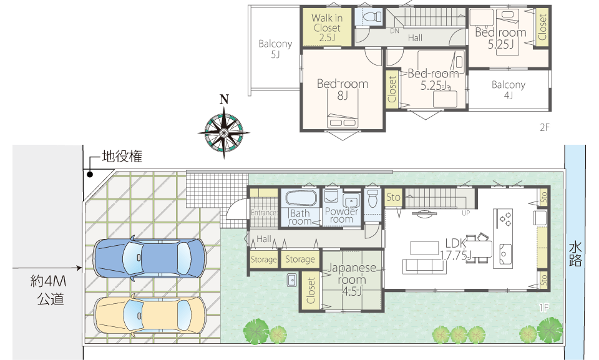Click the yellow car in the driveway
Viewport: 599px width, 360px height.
pos(150,315)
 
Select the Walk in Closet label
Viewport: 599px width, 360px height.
pos(327,27)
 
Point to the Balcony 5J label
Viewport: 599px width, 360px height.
pos(275,49)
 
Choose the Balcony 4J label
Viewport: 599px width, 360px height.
pos(508,89)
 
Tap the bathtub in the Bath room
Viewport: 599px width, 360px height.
pos(301,198)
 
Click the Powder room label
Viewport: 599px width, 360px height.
pos(341,215)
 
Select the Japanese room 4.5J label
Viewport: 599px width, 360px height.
pos(352,280)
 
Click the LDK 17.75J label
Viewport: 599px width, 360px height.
pos(455,249)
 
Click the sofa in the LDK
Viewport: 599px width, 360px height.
pos(424,266)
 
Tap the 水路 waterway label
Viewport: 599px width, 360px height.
pos(575,253)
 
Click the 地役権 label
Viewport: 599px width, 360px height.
pos(122,157)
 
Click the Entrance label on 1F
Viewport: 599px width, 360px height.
pos(264,213)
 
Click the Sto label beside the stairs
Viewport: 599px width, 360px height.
pos(393,197)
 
